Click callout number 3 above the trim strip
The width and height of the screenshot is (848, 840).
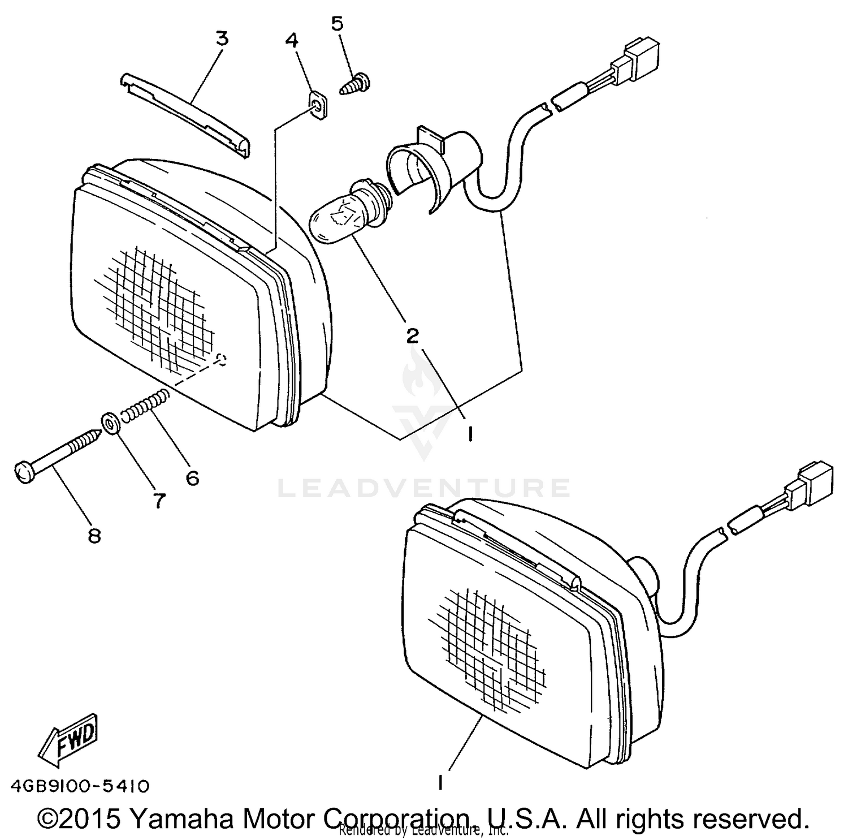pyautogui.click(x=222, y=39)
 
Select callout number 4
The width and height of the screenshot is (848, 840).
pyautogui.click(x=292, y=40)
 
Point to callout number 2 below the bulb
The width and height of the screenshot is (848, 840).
pyautogui.click(x=412, y=335)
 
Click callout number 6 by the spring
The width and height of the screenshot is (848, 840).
pyautogui.click(x=192, y=479)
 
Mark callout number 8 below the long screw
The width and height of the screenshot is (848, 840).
pyautogui.click(x=94, y=535)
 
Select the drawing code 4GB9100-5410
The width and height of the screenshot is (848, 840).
pyautogui.click(x=80, y=786)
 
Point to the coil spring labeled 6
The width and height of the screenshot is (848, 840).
pyautogui.click(x=146, y=406)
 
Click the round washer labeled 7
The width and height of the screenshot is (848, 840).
pyautogui.click(x=110, y=424)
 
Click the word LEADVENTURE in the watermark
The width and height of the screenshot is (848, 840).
pyautogui.click(x=424, y=488)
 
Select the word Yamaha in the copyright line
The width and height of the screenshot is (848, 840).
pyautogui.click(x=181, y=818)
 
